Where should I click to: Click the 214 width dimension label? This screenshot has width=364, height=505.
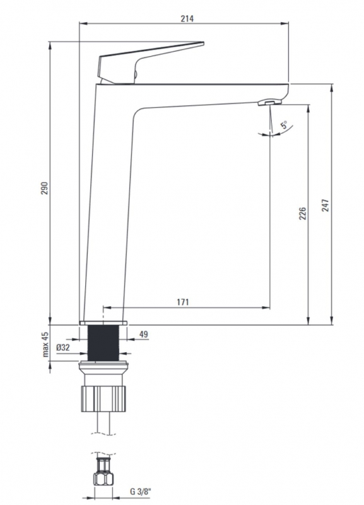[x=187, y=19]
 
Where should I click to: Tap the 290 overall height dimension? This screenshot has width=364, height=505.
[x=44, y=188]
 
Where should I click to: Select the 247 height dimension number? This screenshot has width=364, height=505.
[x=326, y=205]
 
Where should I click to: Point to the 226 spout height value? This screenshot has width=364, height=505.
[x=303, y=213]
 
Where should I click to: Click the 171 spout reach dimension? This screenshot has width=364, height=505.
[x=183, y=302]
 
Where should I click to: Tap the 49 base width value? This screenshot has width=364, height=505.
[x=144, y=335]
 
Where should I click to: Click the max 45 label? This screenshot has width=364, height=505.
[x=45, y=344]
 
